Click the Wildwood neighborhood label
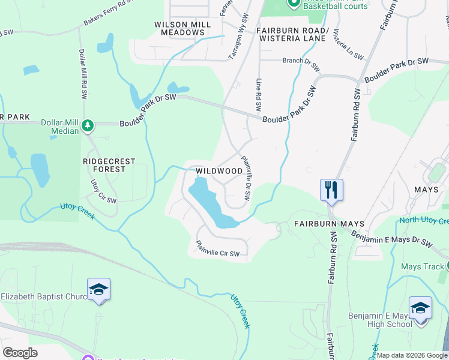tap(219, 171)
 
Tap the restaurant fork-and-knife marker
tap(331, 190)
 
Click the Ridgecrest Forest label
tap(109, 165)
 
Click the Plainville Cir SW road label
tap(217, 250)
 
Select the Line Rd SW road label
tap(258, 95)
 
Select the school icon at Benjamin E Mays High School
tap(420, 309)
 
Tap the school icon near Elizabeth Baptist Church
tap(98, 290)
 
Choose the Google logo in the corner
tap(20, 353)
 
